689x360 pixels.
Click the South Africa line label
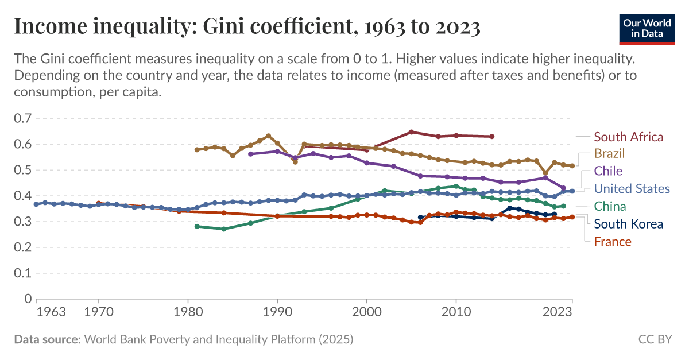click(x=628, y=137)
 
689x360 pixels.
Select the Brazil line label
click(x=609, y=153)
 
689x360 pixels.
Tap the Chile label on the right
click(x=608, y=171)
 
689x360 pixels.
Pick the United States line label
click(x=632, y=188)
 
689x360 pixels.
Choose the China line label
click(x=610, y=206)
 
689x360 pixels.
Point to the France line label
click(x=612, y=241)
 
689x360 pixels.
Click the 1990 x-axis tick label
click(x=277, y=312)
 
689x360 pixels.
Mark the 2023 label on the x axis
click(x=557, y=312)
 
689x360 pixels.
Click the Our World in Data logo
click(x=647, y=27)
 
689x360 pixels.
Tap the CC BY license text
click(x=655, y=339)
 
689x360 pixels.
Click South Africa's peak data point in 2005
click(x=411, y=131)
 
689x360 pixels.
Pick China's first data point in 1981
click(x=197, y=226)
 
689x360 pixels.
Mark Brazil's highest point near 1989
click(x=268, y=136)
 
